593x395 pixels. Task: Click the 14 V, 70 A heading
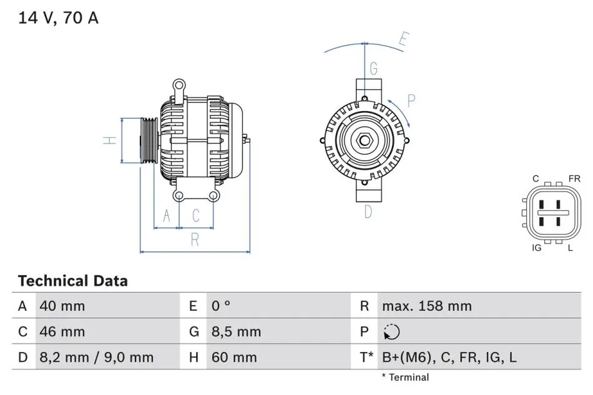58,17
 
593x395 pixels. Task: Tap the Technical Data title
73,281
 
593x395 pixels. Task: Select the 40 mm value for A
62,306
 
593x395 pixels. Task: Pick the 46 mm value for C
62,331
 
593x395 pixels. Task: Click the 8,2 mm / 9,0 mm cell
96,357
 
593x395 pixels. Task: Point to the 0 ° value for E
220,306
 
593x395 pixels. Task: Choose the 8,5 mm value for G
237,331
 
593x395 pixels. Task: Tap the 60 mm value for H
234,357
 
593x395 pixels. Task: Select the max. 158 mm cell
427,306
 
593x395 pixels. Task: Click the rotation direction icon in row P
391,332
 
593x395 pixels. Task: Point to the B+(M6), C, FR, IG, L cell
449,357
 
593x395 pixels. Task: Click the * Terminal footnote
405,378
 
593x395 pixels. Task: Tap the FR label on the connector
574,178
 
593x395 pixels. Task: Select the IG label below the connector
537,248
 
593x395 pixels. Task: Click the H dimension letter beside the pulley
110,140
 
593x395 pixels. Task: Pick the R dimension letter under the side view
195,240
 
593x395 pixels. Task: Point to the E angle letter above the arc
404,39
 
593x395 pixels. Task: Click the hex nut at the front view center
365,140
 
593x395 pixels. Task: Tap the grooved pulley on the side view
149,140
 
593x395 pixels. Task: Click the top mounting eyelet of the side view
179,85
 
